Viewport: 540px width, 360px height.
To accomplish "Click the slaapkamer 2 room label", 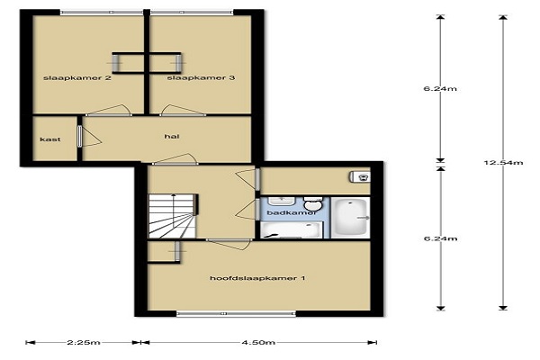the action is coord(77,78).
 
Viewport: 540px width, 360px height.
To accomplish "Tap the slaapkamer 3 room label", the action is coord(201,78).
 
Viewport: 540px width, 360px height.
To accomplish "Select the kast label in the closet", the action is coord(50,139).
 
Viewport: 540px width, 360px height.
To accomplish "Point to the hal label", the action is coord(172,137).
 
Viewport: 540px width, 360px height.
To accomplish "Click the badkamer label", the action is coord(292,212).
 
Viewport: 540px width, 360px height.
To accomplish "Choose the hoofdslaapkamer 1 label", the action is coord(257,278).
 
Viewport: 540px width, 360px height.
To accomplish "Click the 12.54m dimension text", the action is coord(503,162).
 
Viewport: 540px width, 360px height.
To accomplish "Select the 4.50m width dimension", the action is coord(258,342).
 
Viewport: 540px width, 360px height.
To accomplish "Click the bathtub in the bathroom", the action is coord(351,218).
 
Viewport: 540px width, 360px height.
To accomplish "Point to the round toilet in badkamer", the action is coord(313,203).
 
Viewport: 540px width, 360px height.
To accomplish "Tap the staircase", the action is coord(172,216).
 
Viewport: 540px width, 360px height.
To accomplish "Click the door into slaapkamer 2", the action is coord(109,110).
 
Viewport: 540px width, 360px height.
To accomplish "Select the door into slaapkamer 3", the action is coord(183,110).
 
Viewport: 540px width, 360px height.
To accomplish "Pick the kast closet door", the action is coord(88,137).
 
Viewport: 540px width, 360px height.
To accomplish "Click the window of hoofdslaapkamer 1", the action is coord(236,313).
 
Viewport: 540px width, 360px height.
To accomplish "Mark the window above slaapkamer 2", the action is coord(102,13).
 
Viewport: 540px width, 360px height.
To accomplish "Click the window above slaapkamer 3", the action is coord(192,13).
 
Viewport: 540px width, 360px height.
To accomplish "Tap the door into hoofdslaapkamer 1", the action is coord(229,244).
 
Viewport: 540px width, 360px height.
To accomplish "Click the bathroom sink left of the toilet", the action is coord(282,201).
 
